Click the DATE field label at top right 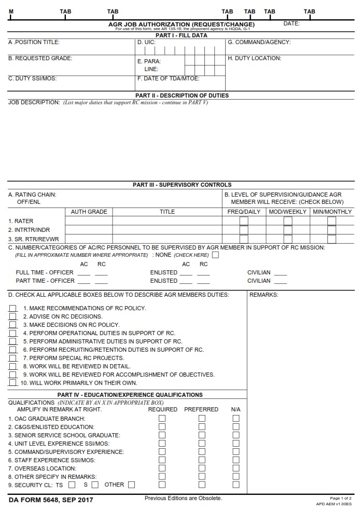coord(291,24)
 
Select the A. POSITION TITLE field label coord(34,42)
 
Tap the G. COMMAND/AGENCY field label coord(259,42)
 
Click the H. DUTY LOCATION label coord(254,58)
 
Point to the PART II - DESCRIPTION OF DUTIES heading coord(182,95)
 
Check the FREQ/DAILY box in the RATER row coord(243,221)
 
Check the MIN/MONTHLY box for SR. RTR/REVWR coord(331,239)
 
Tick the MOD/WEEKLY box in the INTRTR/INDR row coord(287,230)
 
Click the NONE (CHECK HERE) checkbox coord(215,255)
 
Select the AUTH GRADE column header coord(89,212)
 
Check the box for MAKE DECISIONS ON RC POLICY coord(13,325)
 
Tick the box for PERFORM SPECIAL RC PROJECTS coord(13,358)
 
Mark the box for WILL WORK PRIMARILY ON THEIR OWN coord(13,383)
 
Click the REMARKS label coord(264,295)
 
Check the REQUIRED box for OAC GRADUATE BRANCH coord(162,418)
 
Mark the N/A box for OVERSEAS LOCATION coord(236,468)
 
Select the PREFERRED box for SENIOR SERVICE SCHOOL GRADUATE coord(202,435)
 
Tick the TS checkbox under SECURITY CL coord(72,485)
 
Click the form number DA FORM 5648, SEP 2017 coord(51,500)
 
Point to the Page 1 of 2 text coord(340,498)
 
